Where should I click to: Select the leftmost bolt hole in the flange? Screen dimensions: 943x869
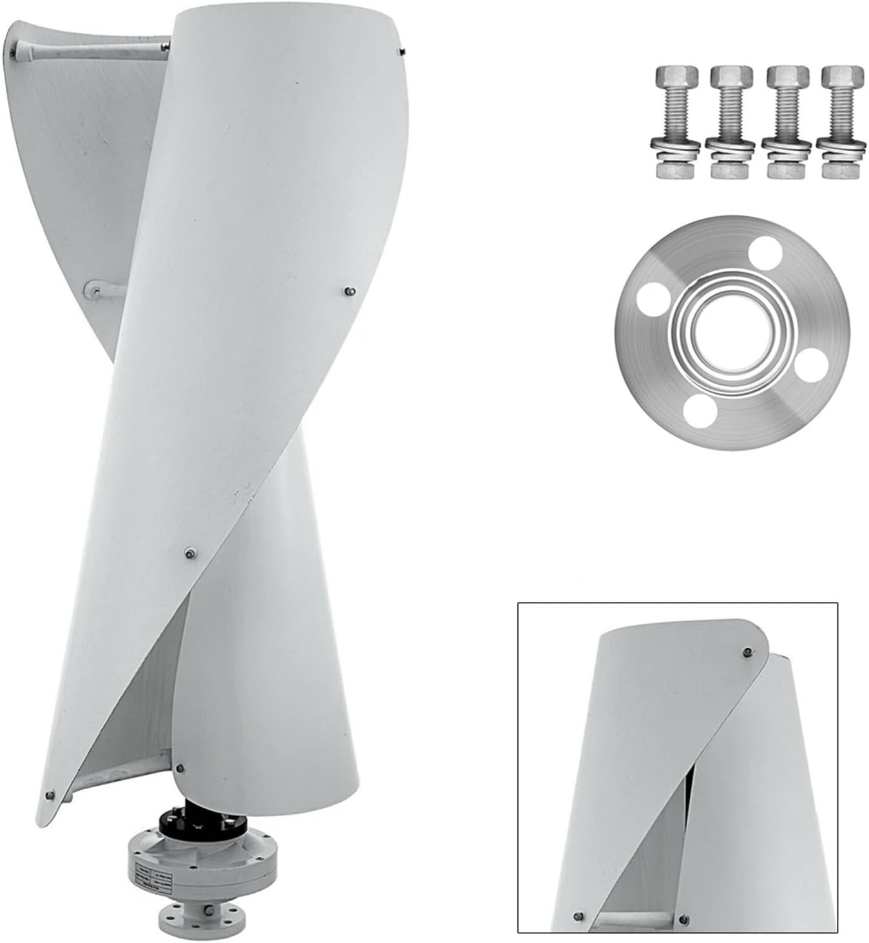point(653,300)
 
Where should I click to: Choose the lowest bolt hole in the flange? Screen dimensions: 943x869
point(698,413)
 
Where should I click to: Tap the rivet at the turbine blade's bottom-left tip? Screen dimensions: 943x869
point(50,795)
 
